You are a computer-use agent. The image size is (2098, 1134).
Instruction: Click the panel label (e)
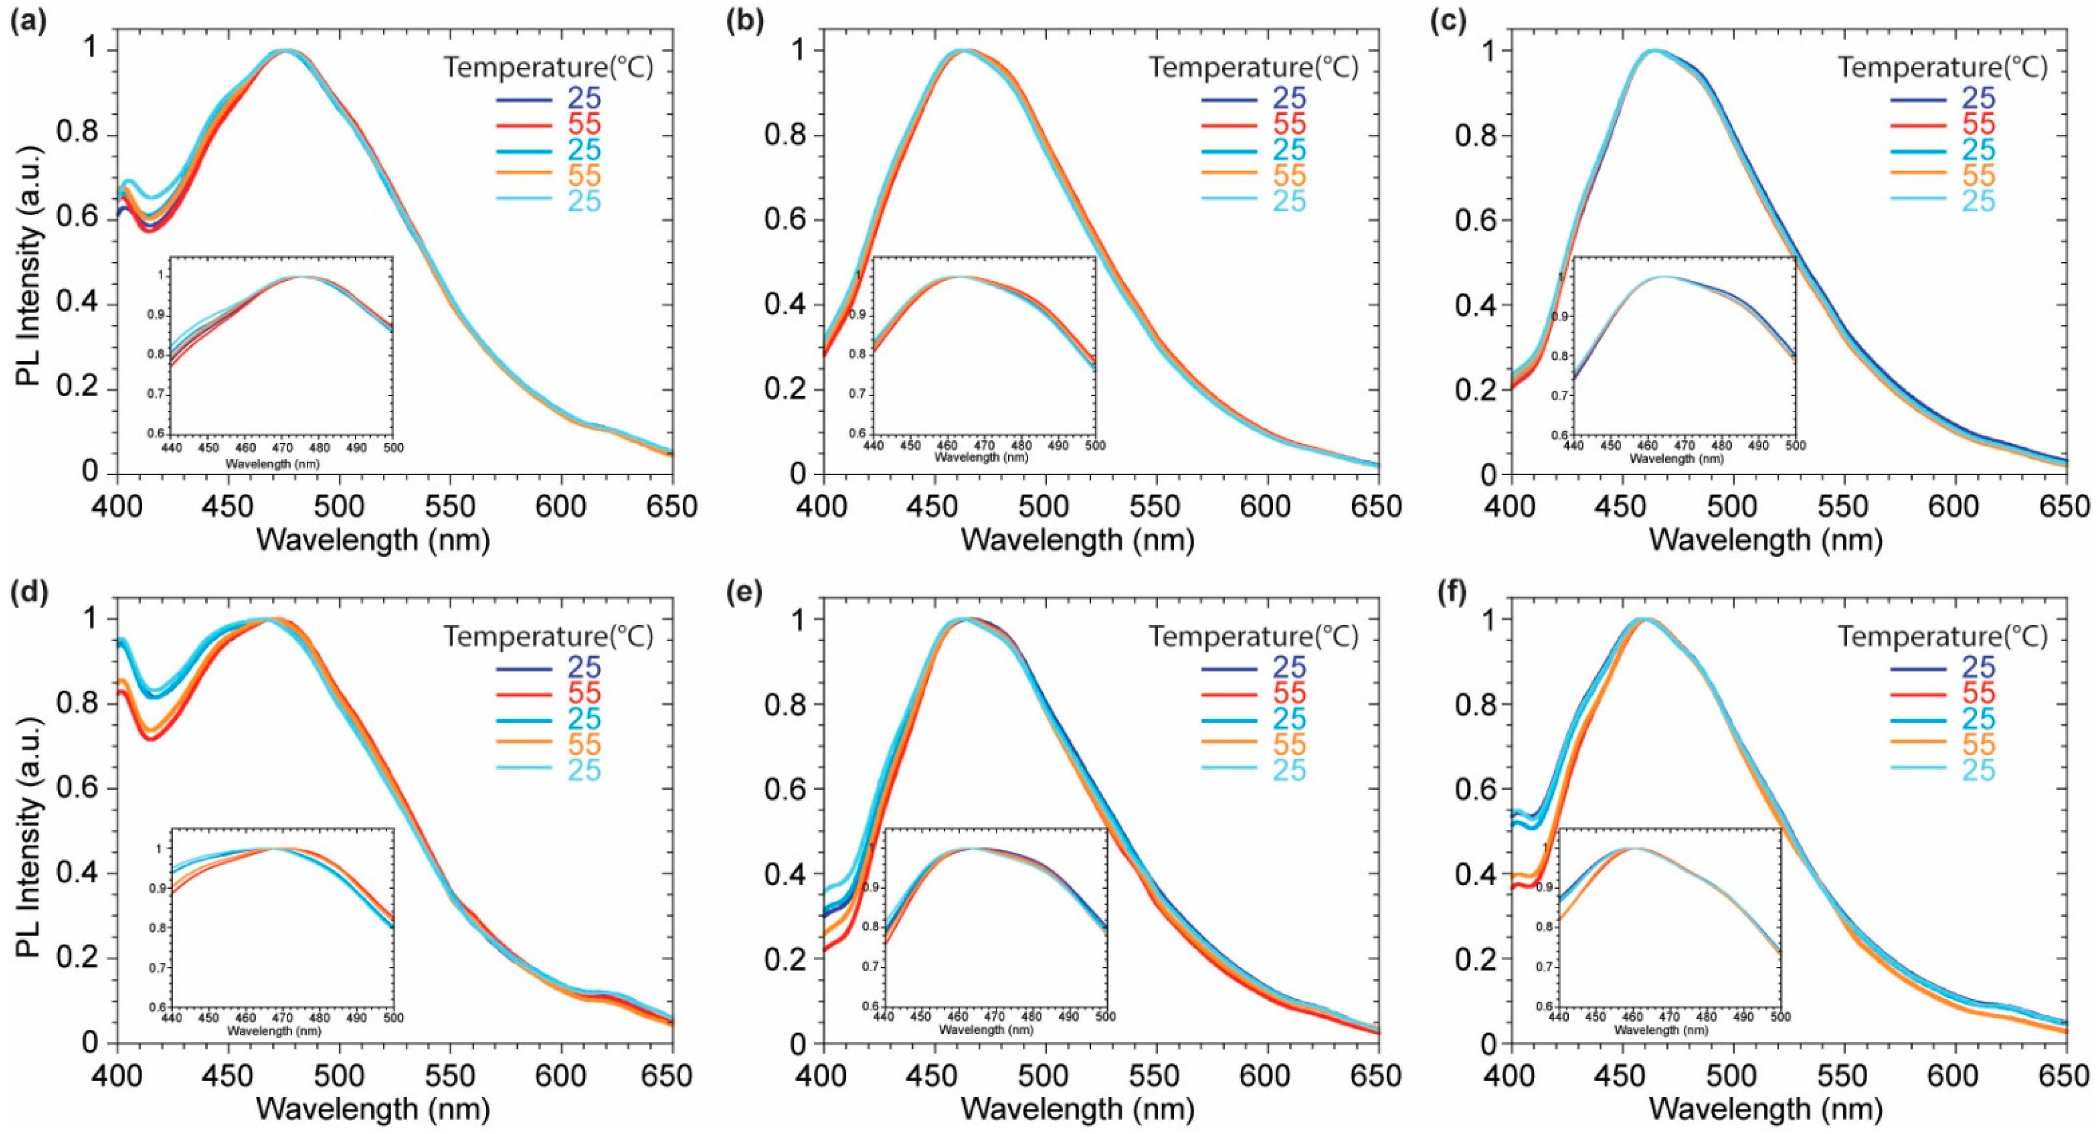(x=743, y=592)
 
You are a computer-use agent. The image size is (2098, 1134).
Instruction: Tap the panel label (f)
(x=1447, y=592)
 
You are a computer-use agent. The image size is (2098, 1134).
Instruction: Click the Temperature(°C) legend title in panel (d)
(x=547, y=636)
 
